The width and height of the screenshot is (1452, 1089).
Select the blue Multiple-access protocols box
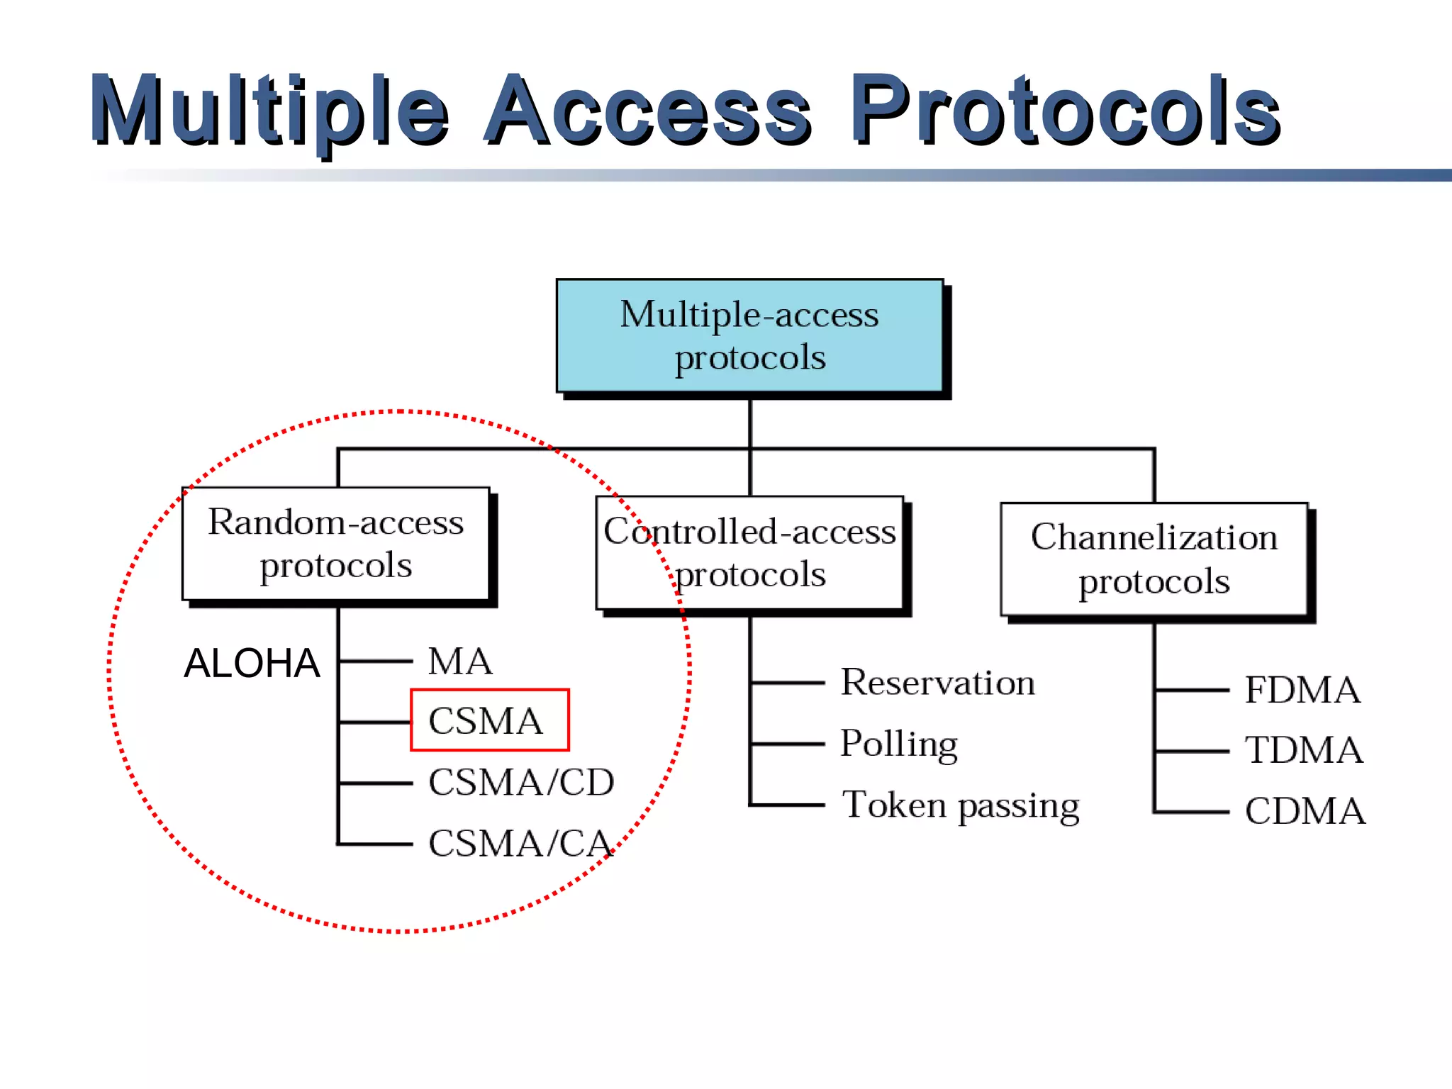tap(749, 335)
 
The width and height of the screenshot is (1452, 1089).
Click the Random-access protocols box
tap(335, 544)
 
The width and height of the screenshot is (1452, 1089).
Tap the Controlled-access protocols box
tap(749, 552)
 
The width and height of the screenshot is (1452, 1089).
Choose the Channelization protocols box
tap(1154, 559)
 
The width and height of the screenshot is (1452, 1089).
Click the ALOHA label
tap(252, 664)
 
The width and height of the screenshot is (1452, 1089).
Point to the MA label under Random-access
tap(459, 661)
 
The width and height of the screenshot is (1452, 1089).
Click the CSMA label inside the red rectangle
tap(486, 721)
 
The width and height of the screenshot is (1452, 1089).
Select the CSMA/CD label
tap(521, 782)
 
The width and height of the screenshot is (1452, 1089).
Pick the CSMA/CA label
tap(520, 844)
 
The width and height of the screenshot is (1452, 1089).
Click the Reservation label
tap(937, 683)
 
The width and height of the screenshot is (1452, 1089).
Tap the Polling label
tap(899, 744)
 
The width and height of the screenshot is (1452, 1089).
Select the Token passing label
tap(960, 805)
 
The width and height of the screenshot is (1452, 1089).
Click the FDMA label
tap(1302, 690)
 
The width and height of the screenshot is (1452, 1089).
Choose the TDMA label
tap(1304, 750)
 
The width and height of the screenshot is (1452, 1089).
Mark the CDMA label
tap(1305, 811)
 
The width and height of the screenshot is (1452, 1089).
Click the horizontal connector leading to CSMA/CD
tap(376, 783)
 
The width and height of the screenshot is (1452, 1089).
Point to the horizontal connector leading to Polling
tap(787, 744)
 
